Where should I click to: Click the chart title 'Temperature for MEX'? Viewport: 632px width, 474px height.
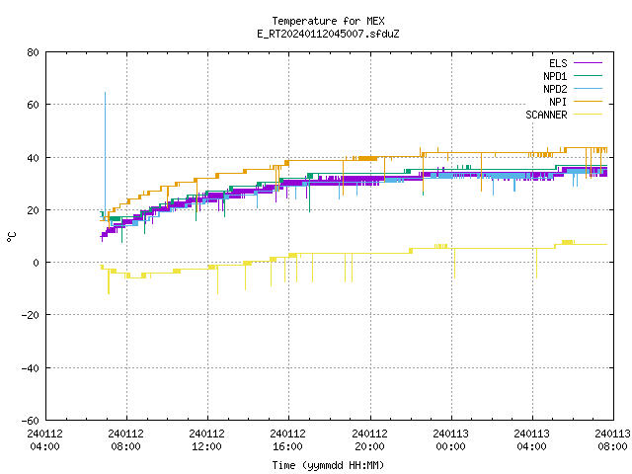pyautogui.click(x=328, y=21)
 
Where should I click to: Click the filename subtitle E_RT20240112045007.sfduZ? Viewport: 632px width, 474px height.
pyautogui.click(x=328, y=34)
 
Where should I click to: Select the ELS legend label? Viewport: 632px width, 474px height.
pyautogui.click(x=558, y=63)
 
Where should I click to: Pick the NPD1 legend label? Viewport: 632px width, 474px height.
pyautogui.click(x=555, y=76)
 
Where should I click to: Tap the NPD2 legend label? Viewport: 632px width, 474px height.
pyautogui.click(x=555, y=89)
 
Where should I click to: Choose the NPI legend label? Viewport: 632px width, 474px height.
pyautogui.click(x=558, y=102)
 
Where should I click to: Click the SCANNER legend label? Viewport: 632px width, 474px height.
pyautogui.click(x=546, y=115)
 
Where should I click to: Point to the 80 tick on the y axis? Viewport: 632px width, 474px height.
pyautogui.click(x=34, y=52)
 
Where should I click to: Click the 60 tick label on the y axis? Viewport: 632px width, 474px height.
pyautogui.click(x=34, y=105)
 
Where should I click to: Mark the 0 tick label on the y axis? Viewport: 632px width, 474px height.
pyautogui.click(x=37, y=263)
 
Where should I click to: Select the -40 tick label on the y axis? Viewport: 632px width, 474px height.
pyautogui.click(x=31, y=368)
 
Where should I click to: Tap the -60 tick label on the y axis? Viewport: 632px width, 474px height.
pyautogui.click(x=31, y=421)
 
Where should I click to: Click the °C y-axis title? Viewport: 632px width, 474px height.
pyautogui.click(x=12, y=236)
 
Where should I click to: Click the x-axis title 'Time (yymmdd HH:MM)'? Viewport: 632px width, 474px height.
pyautogui.click(x=328, y=465)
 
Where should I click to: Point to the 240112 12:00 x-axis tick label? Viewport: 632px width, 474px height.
pyautogui.click(x=207, y=440)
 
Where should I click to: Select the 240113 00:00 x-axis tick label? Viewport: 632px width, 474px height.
pyautogui.click(x=450, y=440)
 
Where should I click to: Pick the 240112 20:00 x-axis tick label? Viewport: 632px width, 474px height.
pyautogui.click(x=369, y=440)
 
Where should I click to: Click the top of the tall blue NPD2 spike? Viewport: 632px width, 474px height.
pyautogui.click(x=106, y=93)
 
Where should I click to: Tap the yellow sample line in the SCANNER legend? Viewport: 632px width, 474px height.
pyautogui.click(x=589, y=115)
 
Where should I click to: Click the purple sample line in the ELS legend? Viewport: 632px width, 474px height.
pyautogui.click(x=589, y=63)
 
